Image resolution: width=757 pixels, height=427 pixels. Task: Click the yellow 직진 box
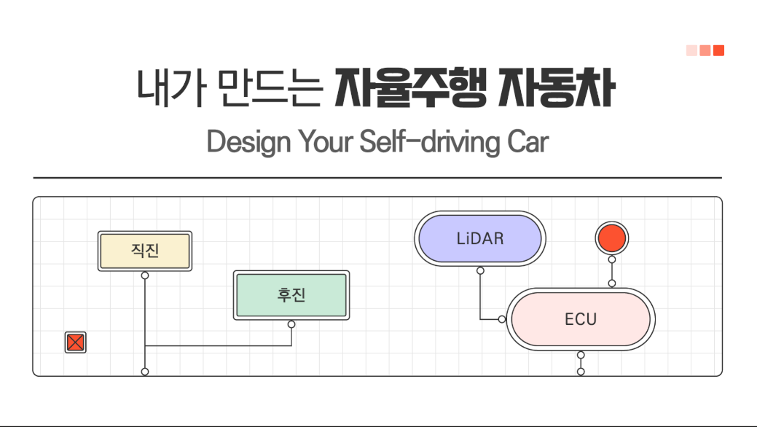pos(145,251)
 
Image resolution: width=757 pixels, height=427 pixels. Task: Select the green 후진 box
pos(291,295)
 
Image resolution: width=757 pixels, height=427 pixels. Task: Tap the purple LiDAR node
pos(480,238)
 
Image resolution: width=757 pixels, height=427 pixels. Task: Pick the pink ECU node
pos(581,319)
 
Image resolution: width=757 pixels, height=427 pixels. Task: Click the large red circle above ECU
pos(612,238)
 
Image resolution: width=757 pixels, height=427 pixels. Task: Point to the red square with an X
pos(75,342)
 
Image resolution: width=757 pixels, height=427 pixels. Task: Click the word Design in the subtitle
pos(249,142)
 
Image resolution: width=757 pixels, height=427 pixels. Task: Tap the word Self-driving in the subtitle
pos(429,142)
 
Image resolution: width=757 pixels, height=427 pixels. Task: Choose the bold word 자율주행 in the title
pos(411,88)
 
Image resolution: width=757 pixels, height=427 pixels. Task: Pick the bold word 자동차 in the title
pos(557,88)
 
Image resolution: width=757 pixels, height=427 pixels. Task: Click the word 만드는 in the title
pos(270,88)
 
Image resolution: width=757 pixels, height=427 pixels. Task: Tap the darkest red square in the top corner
pos(719,51)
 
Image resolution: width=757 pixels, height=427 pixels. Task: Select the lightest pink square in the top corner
pos(692,51)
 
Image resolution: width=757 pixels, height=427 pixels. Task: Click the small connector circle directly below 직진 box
pos(145,276)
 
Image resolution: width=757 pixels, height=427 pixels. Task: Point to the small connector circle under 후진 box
pos(291,324)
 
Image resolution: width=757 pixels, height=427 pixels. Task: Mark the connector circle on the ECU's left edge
pos(502,319)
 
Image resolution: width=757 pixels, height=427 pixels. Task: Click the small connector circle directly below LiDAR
pos(480,270)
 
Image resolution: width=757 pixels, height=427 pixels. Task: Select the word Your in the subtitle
pos(326,142)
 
